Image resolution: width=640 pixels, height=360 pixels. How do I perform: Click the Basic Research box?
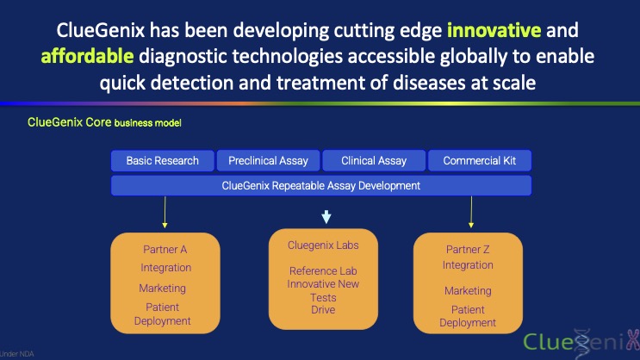[163, 160]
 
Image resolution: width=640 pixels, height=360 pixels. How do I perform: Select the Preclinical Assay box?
[268, 160]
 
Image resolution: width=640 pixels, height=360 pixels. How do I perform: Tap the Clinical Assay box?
[374, 160]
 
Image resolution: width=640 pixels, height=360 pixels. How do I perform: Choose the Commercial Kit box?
[480, 160]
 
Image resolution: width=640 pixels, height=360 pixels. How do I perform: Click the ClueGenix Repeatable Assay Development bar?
[321, 186]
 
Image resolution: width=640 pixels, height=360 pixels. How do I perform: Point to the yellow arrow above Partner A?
[165, 212]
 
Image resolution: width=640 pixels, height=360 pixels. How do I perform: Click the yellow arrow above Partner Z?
[471, 212]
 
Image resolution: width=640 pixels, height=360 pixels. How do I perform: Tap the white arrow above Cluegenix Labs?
[326, 217]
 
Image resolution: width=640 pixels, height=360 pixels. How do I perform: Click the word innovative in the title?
[494, 30]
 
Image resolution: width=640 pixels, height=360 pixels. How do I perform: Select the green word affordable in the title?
[87, 56]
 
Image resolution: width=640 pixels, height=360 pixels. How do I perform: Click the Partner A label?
[165, 250]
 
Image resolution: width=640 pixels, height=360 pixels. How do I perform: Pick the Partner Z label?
[468, 250]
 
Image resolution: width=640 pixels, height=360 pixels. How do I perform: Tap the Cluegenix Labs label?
[323, 245]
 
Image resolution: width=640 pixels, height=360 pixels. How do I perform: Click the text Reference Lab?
[323, 271]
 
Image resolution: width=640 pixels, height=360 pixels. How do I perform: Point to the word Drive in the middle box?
[323, 310]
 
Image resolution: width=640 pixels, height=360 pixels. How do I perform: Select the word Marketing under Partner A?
[163, 289]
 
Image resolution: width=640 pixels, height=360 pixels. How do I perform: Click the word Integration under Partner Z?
[468, 265]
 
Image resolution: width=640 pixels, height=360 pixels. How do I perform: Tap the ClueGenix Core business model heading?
[104, 122]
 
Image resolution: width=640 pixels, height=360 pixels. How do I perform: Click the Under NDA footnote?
[16, 354]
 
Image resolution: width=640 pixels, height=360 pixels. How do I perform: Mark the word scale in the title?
[514, 83]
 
